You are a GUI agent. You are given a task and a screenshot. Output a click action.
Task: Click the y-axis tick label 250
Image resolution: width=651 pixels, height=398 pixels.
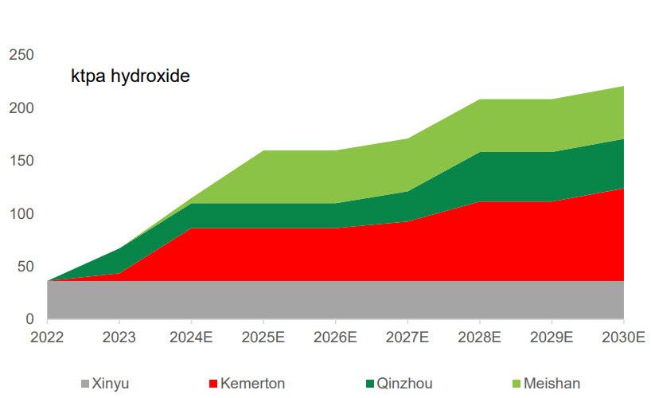pos(21,55)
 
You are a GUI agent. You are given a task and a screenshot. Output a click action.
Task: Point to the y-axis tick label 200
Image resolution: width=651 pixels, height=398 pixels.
pos(21,107)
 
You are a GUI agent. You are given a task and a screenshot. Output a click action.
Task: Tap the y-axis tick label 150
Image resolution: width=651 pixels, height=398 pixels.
pos(21,161)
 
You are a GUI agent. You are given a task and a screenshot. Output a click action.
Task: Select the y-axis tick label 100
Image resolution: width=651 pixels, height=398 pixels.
pos(21,213)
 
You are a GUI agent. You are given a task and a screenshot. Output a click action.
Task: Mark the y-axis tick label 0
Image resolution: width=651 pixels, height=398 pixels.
pos(29,319)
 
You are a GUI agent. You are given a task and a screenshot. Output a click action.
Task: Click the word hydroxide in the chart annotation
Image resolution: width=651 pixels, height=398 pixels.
pos(151,77)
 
